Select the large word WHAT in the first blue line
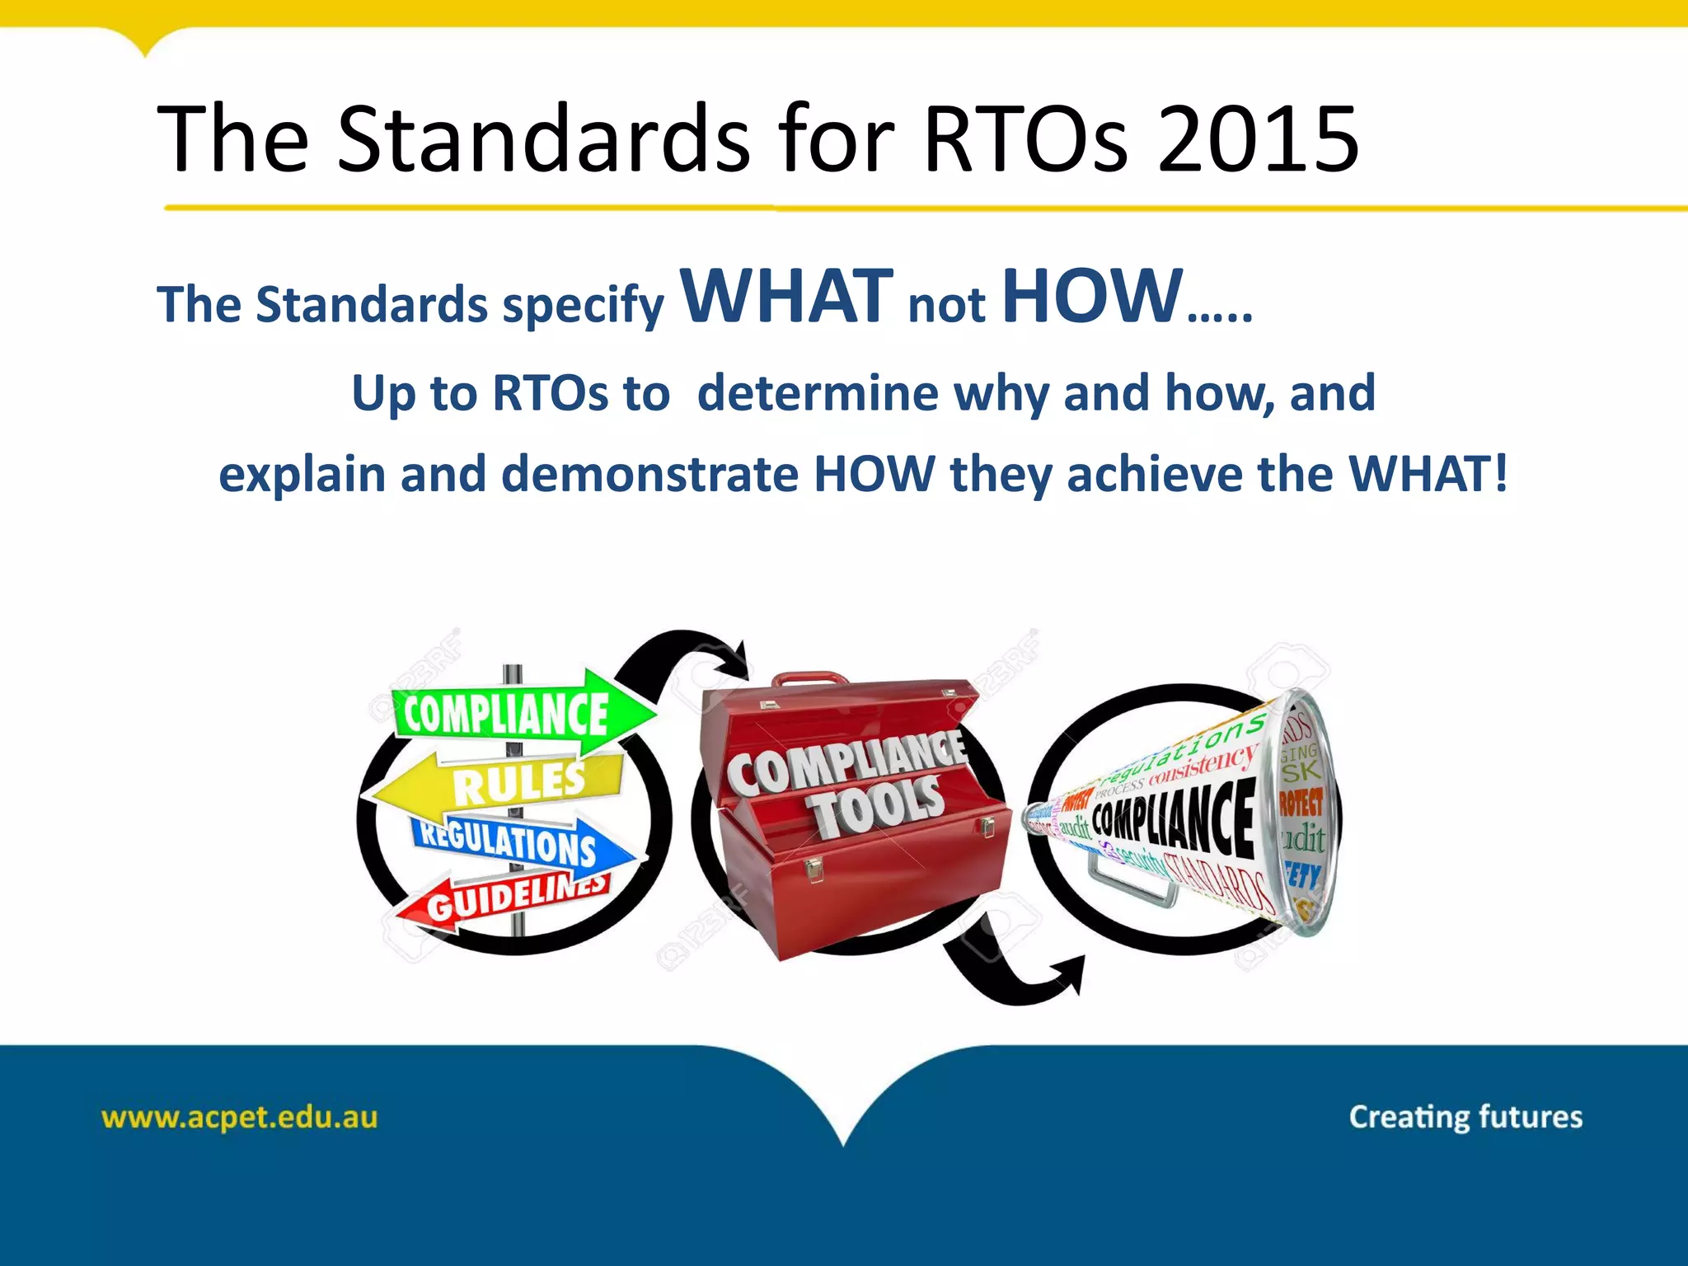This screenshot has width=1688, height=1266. point(786,296)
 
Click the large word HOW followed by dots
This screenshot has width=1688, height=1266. point(1093,296)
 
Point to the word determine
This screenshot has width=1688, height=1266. point(817,393)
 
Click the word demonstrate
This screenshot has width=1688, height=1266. point(649,475)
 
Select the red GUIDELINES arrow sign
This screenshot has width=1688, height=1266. point(511,898)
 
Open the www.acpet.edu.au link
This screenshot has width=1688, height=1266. point(239,1118)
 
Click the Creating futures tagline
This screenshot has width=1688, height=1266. point(1465,1118)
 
